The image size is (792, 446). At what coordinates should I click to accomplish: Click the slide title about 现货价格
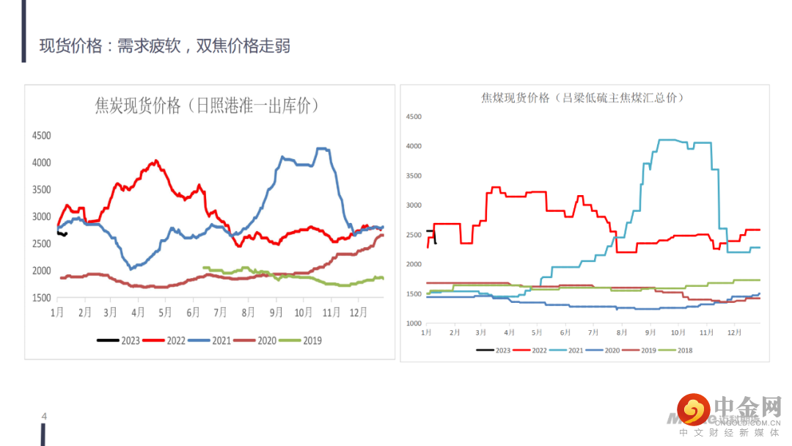[165, 46]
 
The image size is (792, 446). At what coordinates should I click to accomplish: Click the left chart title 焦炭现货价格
[208, 106]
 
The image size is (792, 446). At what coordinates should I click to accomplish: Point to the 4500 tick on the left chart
[41, 136]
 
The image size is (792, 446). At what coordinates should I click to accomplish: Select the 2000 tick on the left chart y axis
[41, 271]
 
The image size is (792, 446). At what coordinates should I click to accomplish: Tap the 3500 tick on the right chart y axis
[414, 176]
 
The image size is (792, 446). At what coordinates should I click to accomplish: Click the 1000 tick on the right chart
[414, 323]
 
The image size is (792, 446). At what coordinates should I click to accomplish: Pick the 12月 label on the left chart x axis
[358, 312]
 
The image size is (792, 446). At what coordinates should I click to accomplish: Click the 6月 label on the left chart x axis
[193, 312]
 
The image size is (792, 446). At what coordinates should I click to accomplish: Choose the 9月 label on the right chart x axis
[649, 332]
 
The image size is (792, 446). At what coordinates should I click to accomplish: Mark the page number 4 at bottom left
[44, 417]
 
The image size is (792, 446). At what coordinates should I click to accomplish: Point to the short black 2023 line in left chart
[62, 233]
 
